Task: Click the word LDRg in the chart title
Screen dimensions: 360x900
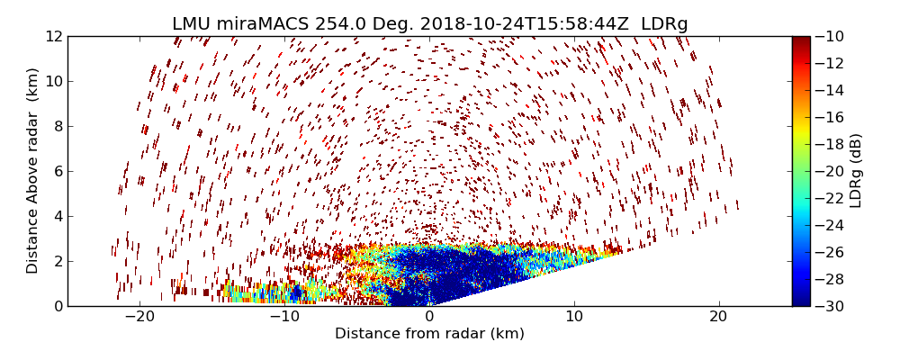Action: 664,24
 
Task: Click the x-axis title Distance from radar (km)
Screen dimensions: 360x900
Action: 429,334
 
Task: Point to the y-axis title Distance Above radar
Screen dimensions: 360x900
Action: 33,171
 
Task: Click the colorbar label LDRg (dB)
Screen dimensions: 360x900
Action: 856,171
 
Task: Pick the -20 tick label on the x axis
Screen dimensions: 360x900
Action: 139,317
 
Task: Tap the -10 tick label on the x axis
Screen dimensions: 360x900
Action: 284,317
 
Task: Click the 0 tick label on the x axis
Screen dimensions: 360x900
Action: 429,317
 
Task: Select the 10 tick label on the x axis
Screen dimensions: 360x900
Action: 574,317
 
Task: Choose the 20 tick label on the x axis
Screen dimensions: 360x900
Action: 718,317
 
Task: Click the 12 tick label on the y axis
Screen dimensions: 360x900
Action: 53,36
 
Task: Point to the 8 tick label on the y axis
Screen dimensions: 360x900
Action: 57,126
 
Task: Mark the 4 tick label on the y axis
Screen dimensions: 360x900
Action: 57,216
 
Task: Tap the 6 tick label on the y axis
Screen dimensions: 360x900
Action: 57,171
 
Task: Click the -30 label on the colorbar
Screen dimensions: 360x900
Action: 830,306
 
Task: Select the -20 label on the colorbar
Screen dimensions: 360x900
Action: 830,171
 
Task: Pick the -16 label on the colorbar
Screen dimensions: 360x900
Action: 830,117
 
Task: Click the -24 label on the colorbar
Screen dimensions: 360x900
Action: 830,225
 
